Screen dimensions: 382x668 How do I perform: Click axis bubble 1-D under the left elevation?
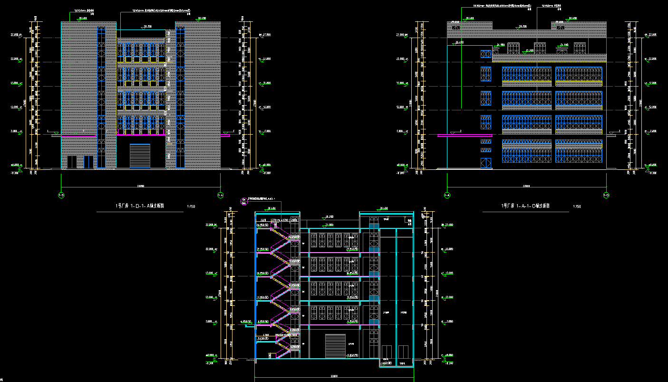[x=61, y=195]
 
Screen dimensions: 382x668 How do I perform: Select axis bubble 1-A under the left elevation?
[x=221, y=195]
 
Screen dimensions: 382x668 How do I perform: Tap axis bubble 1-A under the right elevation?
[x=447, y=195]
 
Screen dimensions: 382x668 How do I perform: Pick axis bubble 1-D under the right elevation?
[x=607, y=195]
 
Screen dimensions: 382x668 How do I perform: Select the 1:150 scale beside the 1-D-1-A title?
[x=191, y=206]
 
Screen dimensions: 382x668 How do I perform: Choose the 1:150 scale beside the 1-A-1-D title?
[x=577, y=206]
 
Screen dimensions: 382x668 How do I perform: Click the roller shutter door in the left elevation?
[x=140, y=156]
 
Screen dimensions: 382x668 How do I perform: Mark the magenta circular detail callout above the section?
[x=244, y=202]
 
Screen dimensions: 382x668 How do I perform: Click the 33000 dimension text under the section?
[x=334, y=376]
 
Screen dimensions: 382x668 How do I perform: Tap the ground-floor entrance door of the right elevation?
[x=485, y=163]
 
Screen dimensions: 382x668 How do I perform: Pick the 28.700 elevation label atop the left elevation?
[x=147, y=27]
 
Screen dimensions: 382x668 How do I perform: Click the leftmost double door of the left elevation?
[x=72, y=162]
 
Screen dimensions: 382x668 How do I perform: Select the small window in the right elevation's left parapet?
[x=456, y=28]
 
